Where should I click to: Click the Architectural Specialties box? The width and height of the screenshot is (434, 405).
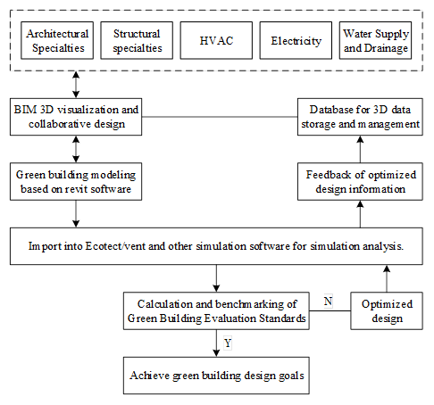tap(57, 40)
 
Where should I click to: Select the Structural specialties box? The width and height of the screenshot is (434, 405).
tap(137, 40)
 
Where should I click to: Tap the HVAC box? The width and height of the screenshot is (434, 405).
tap(216, 40)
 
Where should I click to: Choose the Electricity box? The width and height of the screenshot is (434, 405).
tap(296, 40)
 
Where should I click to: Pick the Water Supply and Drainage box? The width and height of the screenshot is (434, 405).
tap(375, 40)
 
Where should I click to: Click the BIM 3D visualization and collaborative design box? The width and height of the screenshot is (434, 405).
tap(76, 117)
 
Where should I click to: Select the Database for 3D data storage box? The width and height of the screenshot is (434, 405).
tap(360, 117)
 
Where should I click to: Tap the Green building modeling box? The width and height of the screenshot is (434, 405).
tap(76, 181)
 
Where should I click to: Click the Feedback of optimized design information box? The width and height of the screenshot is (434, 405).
tap(360, 181)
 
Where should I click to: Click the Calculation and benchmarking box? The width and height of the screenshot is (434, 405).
tap(216, 310)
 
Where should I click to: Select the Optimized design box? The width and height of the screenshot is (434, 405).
tap(387, 310)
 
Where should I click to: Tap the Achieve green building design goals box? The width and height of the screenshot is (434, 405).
tap(216, 376)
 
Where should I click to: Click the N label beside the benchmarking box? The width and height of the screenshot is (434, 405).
tap(328, 302)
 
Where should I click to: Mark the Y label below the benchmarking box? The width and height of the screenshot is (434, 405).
tap(228, 343)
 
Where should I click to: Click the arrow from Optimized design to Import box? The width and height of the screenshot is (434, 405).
tap(387, 278)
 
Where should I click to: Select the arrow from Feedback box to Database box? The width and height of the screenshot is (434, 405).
tap(360, 149)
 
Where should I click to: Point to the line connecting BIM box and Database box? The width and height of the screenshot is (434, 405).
tap(220, 117)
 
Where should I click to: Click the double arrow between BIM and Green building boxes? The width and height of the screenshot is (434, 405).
tap(76, 149)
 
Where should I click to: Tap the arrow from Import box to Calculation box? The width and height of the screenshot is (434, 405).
tap(216, 278)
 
